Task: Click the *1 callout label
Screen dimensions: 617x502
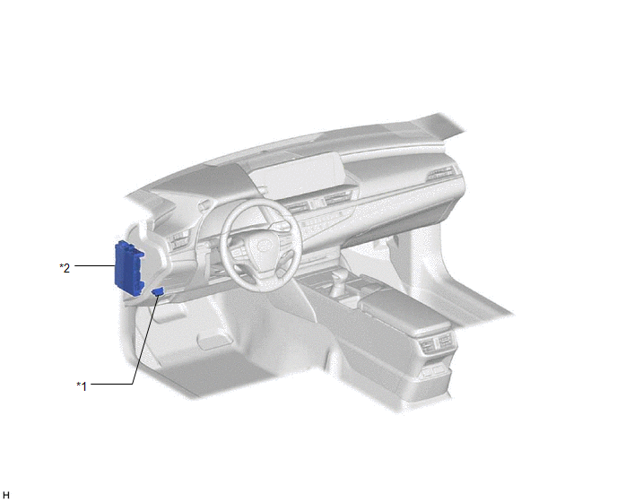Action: coord(82,386)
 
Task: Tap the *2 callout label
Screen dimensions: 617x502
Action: coord(65,268)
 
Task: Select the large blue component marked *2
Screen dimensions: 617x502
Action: coord(128,267)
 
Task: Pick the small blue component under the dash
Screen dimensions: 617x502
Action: coord(158,291)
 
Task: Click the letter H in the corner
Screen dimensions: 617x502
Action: coord(6,496)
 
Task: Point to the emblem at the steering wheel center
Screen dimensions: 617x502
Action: coord(262,246)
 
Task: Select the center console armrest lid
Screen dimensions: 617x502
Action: coord(405,309)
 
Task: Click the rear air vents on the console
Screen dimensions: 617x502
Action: coord(436,342)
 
